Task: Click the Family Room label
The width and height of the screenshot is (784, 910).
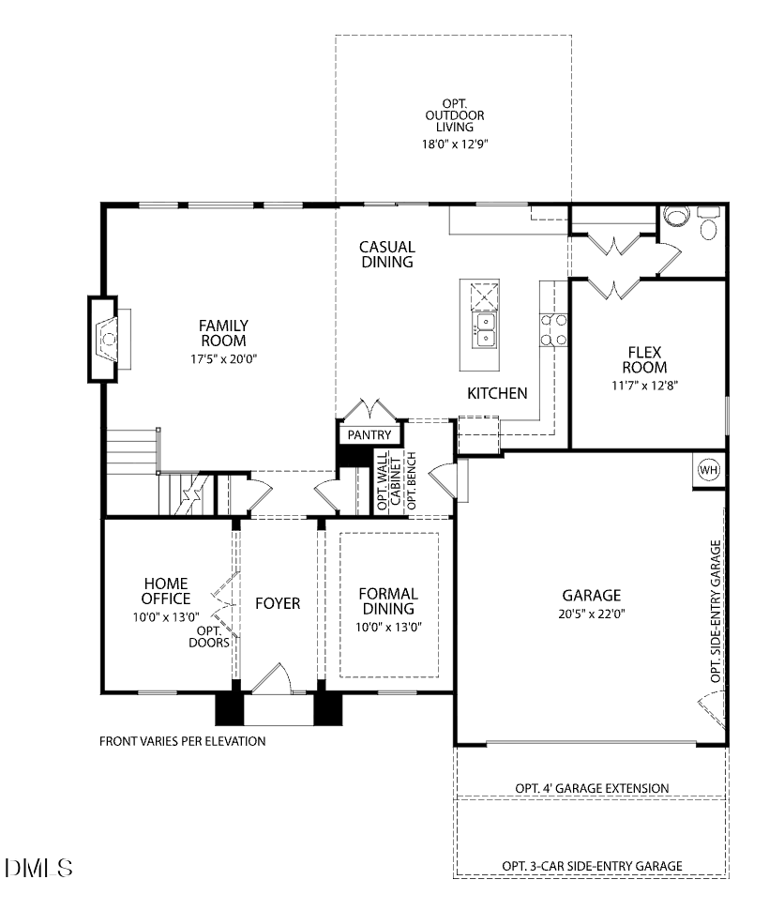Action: [x=223, y=333]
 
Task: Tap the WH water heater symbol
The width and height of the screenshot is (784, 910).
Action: [x=708, y=470]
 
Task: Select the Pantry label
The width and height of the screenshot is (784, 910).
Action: [x=369, y=435]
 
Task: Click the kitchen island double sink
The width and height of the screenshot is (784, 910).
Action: [x=486, y=326]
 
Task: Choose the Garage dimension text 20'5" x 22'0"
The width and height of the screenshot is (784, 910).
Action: [x=592, y=614]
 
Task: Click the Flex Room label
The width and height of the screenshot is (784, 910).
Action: [x=645, y=360]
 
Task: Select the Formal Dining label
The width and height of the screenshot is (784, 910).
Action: [x=388, y=601]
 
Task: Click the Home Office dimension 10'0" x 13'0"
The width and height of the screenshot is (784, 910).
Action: [x=166, y=617]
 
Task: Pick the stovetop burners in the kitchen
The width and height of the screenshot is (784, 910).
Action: [x=552, y=330]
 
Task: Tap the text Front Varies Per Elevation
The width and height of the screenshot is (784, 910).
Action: [x=183, y=741]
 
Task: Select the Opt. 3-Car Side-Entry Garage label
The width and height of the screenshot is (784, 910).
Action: [x=592, y=866]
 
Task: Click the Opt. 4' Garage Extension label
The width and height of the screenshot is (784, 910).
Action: [x=592, y=788]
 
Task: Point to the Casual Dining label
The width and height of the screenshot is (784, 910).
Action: [x=386, y=254]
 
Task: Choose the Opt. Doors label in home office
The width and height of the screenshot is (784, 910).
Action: [x=209, y=637]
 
